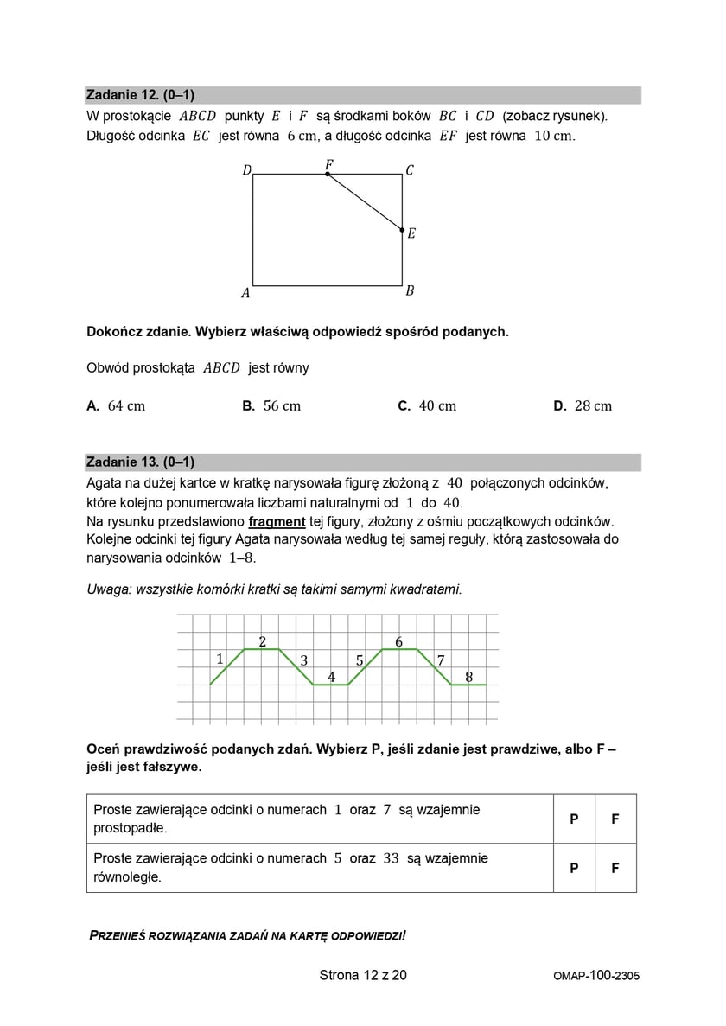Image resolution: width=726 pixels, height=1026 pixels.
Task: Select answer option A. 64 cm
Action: [x=117, y=405]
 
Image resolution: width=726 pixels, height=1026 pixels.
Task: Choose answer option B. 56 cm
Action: [x=271, y=405]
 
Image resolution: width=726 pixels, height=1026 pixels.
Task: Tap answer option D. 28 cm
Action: [x=583, y=405]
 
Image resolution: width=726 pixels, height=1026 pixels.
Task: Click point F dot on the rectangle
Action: [x=328, y=174]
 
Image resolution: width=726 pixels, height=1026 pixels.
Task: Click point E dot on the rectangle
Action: [x=402, y=230]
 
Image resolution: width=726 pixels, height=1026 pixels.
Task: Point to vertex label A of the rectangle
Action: [x=245, y=293]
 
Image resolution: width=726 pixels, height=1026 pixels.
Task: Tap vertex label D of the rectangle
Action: [x=246, y=171]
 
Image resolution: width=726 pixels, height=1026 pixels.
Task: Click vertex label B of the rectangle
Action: [x=410, y=290]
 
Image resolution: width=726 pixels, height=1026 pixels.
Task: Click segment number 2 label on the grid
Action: [x=262, y=640]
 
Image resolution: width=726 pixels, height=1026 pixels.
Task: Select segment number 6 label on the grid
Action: [x=398, y=641]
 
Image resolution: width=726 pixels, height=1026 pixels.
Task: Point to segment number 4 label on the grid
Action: [x=331, y=676]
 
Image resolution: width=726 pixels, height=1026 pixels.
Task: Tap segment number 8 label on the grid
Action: [x=468, y=677]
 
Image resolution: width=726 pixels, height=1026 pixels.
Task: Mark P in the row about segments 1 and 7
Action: [x=574, y=819]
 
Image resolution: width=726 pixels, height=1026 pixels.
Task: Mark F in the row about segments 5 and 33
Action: [x=615, y=867]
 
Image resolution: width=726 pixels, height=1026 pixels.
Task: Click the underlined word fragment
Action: [x=277, y=521]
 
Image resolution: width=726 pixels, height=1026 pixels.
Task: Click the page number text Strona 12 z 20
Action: [x=363, y=975]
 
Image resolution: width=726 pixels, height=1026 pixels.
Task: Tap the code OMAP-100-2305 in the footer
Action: [x=596, y=976]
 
